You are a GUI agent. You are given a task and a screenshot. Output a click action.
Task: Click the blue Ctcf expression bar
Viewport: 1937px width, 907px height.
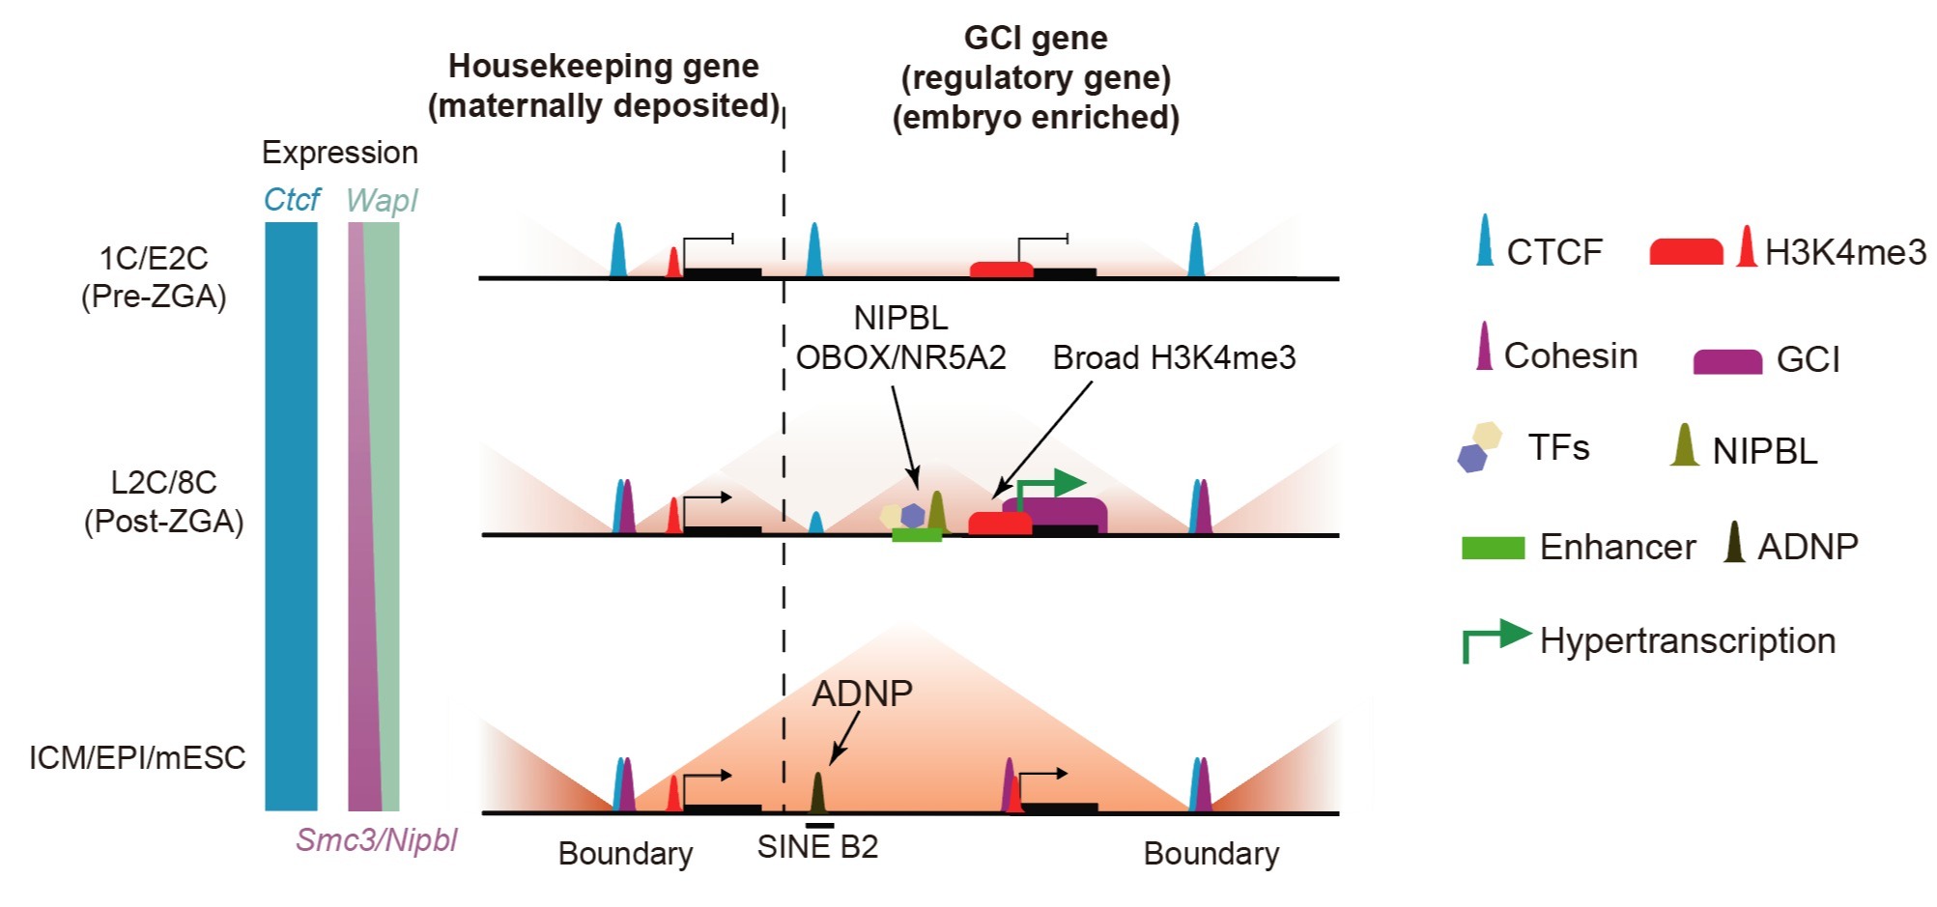click(x=291, y=516)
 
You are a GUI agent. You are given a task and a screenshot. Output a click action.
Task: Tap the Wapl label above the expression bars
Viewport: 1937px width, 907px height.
click(x=382, y=200)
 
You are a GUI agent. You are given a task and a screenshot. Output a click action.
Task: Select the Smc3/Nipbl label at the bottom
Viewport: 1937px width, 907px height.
click(x=377, y=840)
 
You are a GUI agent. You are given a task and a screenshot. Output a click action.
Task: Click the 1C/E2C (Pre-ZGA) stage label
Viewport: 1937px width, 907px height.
click(x=154, y=277)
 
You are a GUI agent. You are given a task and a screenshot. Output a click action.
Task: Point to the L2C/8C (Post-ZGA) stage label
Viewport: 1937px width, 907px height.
click(x=163, y=501)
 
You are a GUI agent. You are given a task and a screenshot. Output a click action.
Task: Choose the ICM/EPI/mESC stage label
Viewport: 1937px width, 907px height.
click(x=137, y=757)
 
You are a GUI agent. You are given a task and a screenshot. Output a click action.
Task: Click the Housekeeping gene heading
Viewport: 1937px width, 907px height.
click(x=604, y=85)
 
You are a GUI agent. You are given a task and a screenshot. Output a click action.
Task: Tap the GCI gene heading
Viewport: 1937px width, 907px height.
click(x=1036, y=77)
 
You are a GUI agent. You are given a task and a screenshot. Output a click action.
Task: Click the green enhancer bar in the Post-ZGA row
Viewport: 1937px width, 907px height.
click(x=917, y=535)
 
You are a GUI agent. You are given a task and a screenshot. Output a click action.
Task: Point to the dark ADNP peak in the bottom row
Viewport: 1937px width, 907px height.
click(x=817, y=792)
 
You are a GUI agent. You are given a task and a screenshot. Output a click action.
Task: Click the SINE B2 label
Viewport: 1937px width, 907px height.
click(x=817, y=846)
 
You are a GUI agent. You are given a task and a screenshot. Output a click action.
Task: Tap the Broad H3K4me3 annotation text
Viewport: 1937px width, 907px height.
click(x=1174, y=357)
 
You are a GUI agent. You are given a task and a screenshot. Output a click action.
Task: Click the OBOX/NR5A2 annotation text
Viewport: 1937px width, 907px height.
click(x=900, y=357)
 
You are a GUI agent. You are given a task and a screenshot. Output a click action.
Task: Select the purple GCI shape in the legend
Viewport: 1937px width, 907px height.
click(x=1727, y=362)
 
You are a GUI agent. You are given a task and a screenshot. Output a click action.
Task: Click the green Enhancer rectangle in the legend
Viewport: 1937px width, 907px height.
click(x=1494, y=548)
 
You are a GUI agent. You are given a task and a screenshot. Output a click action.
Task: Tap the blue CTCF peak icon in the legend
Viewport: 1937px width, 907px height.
click(x=1485, y=241)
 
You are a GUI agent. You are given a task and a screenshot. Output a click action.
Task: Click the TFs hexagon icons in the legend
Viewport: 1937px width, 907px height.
click(x=1479, y=446)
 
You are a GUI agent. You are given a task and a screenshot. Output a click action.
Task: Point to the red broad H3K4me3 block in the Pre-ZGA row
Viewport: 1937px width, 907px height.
click(x=1002, y=269)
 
